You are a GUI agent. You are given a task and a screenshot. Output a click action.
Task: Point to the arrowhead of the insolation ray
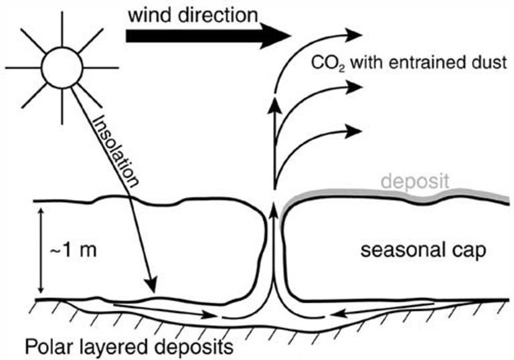tap(151, 286)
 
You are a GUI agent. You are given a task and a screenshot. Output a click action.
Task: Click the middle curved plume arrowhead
tap(354, 87)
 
